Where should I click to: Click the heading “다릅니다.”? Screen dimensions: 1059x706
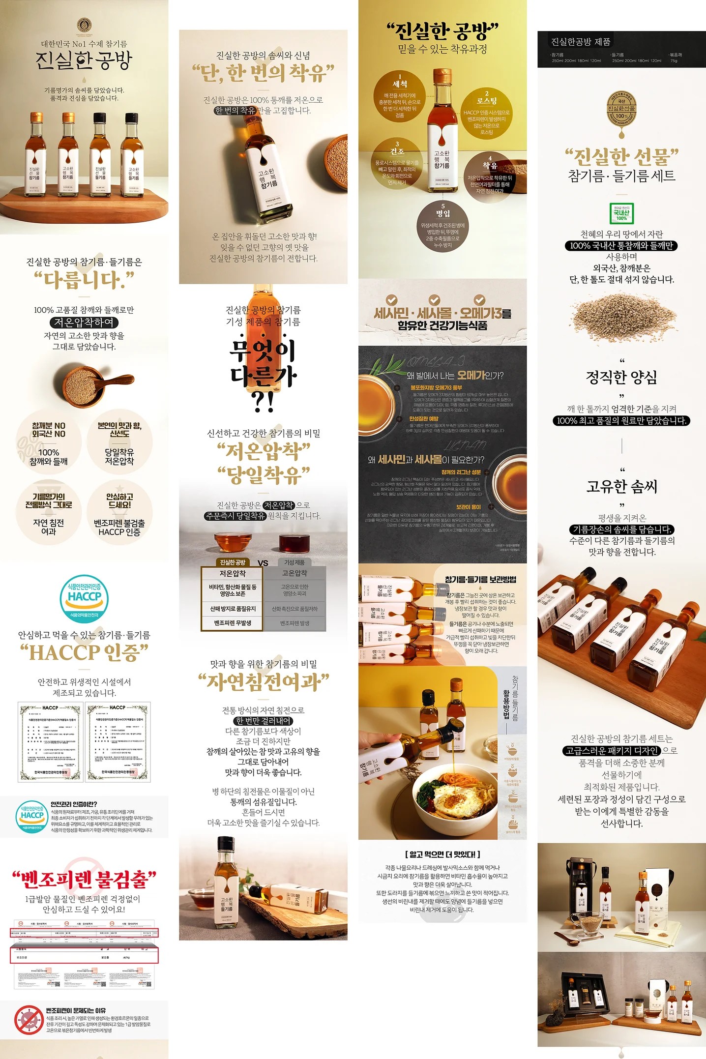[x=84, y=280]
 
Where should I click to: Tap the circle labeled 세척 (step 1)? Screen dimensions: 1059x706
[x=400, y=95]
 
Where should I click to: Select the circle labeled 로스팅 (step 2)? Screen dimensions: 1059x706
[x=487, y=112]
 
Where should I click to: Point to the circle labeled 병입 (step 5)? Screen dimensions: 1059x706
[x=443, y=225]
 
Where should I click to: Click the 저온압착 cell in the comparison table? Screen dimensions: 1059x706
[x=233, y=573]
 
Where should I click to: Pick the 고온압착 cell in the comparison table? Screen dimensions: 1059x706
[x=294, y=573]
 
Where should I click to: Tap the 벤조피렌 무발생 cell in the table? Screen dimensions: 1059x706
[x=233, y=623]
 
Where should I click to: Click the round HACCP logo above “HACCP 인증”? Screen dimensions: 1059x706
[x=85, y=598]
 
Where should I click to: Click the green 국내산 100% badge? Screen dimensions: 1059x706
[x=621, y=213]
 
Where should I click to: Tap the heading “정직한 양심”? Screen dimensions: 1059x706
[x=621, y=377]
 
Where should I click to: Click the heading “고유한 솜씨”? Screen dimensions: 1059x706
[x=621, y=486]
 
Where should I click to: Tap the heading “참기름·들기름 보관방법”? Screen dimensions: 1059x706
[x=480, y=580]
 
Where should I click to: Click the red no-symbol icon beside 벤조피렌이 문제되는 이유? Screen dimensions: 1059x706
[x=29, y=1020]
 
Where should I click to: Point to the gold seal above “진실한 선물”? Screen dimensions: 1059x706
[x=621, y=111]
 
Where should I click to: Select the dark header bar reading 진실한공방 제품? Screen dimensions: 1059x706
[x=621, y=49]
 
